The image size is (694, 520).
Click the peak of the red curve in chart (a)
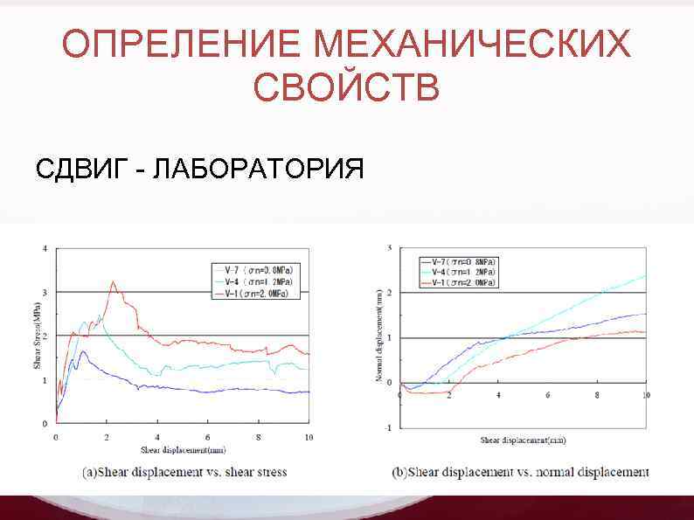point(113,281)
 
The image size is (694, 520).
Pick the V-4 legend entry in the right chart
point(459,272)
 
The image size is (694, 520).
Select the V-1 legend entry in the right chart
point(459,282)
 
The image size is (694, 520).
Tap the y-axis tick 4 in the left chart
point(45,248)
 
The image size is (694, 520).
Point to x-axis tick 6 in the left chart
point(208,436)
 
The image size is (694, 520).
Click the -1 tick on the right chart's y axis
point(390,427)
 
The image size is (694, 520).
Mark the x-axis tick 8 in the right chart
point(597,395)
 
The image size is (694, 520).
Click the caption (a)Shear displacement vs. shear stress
point(184,473)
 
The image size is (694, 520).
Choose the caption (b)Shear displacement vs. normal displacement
point(521,473)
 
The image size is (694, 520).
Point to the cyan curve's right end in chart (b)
point(645,276)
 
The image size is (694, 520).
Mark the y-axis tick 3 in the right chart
point(390,249)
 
